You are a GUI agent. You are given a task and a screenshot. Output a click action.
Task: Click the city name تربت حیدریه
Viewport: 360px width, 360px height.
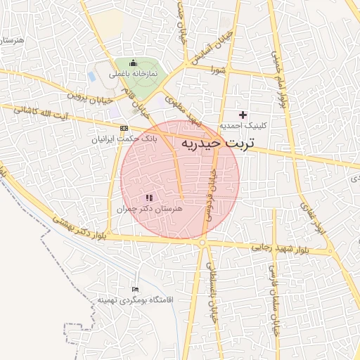[x=221, y=143]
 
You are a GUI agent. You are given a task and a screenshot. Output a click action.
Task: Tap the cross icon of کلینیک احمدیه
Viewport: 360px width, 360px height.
[x=243, y=115]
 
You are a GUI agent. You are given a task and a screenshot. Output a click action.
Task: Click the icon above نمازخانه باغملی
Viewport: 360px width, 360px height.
[x=133, y=64]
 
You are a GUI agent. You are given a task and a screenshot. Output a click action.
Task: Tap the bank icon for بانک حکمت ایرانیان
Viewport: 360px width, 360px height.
[x=124, y=128]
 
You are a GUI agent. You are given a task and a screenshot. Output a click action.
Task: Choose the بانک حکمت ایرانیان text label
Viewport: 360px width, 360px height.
[x=125, y=139]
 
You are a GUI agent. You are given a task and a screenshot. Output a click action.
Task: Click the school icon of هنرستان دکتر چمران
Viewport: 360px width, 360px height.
[x=148, y=198]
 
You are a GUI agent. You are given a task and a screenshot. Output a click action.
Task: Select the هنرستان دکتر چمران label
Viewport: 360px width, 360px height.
[x=148, y=209]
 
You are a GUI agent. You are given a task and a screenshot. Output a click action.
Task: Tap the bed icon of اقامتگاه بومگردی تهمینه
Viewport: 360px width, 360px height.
[x=136, y=289]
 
